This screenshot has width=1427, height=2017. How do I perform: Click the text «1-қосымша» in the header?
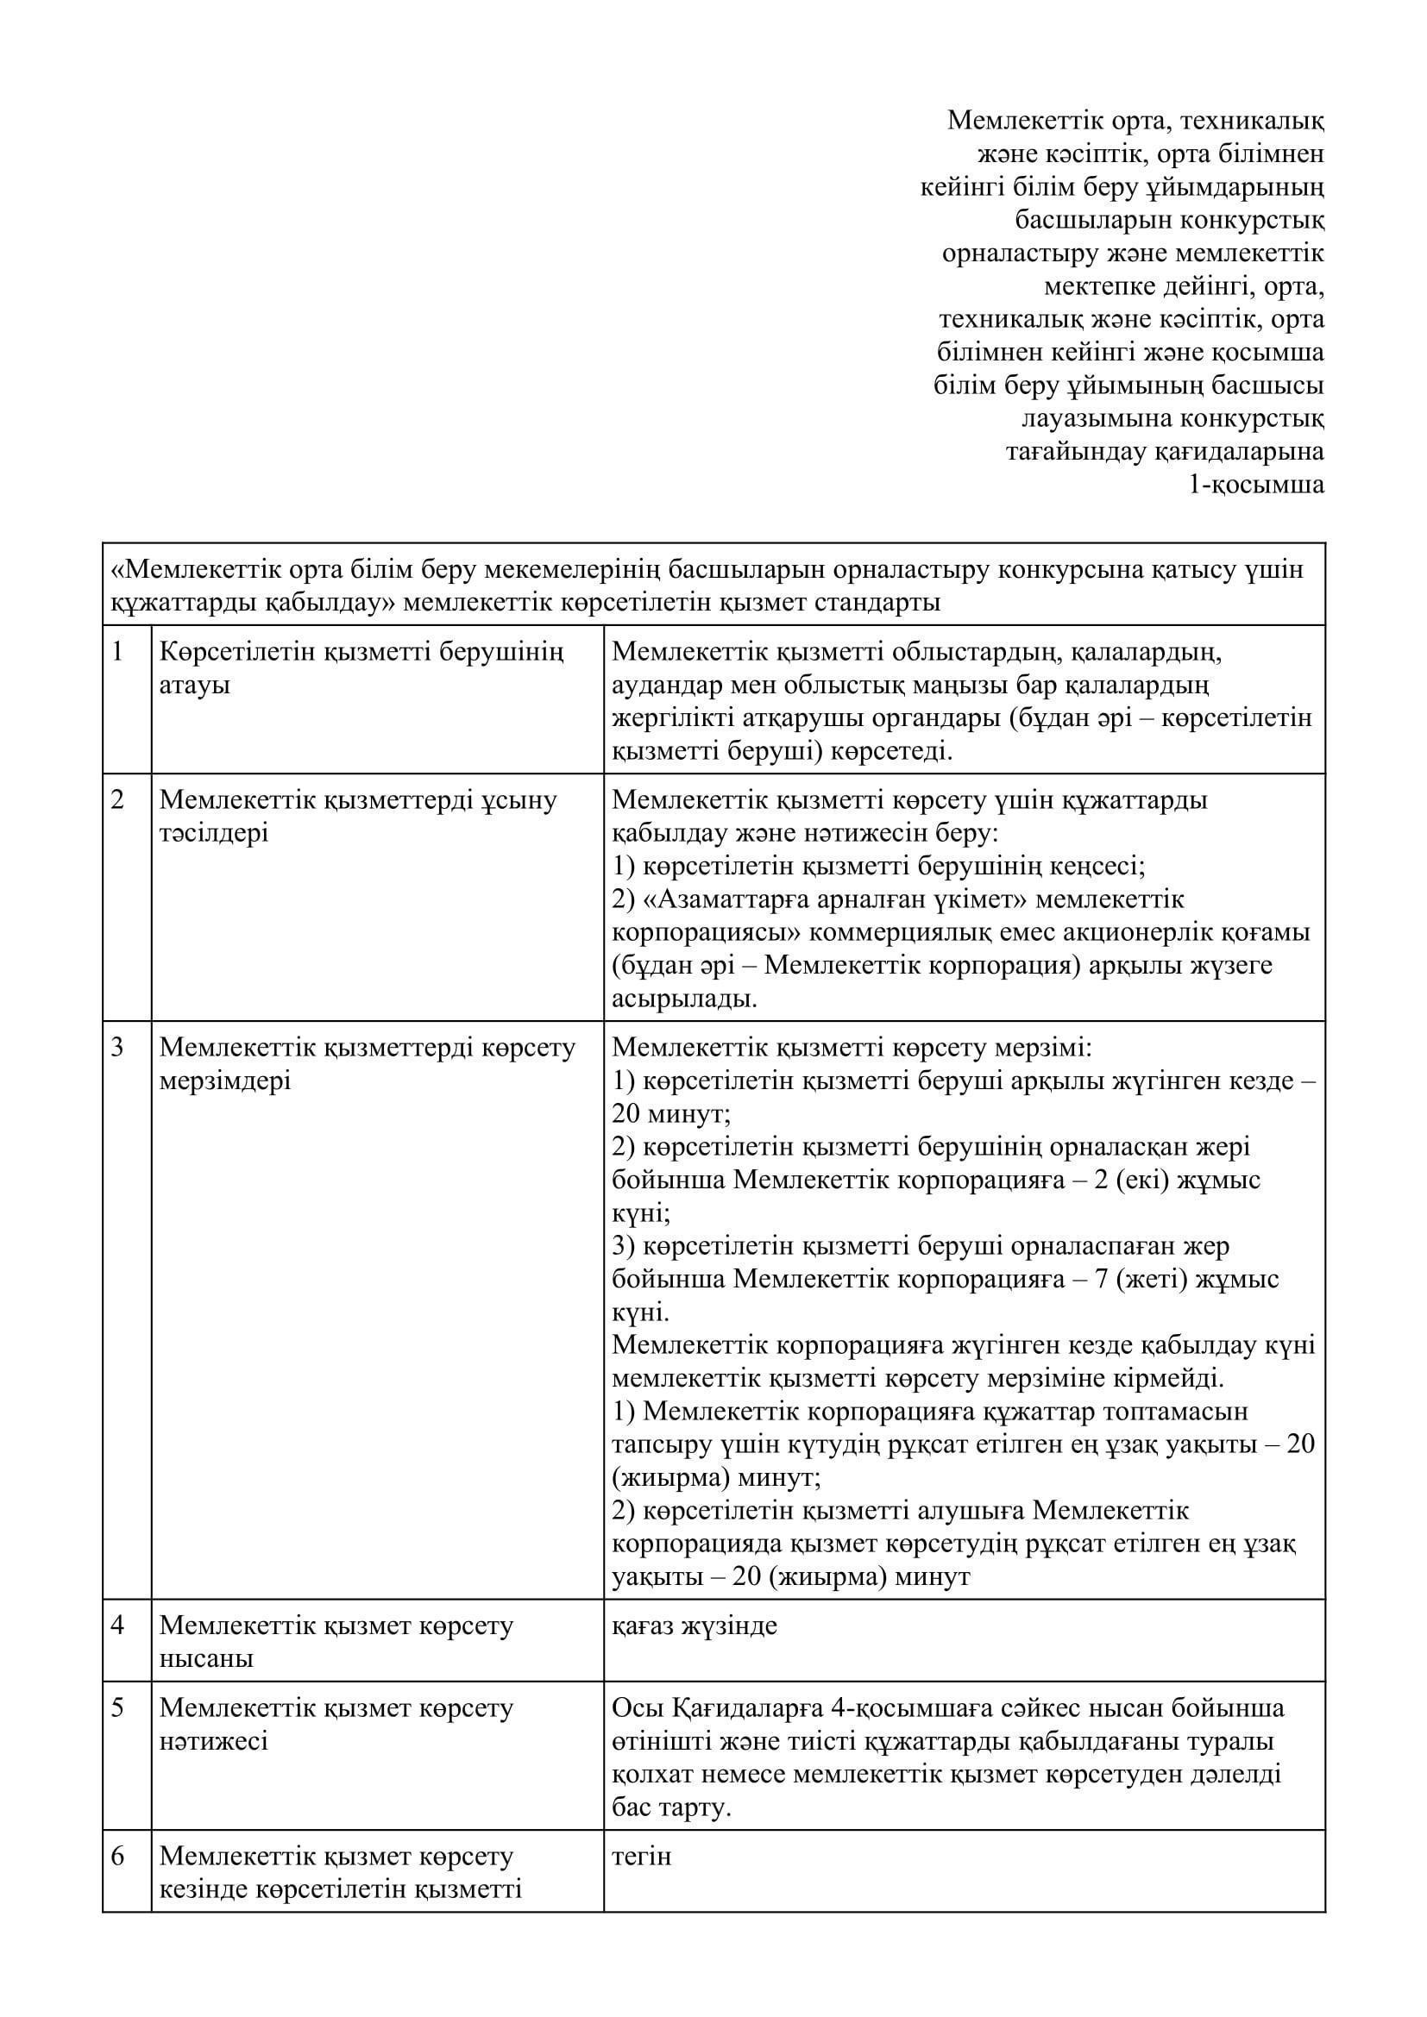click(1255, 485)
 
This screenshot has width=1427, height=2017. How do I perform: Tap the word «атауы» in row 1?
click(194, 686)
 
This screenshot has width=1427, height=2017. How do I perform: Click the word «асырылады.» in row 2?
click(684, 999)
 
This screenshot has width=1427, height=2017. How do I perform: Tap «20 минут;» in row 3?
click(672, 1115)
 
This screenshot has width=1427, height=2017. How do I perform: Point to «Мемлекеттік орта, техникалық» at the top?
click(1135, 120)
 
